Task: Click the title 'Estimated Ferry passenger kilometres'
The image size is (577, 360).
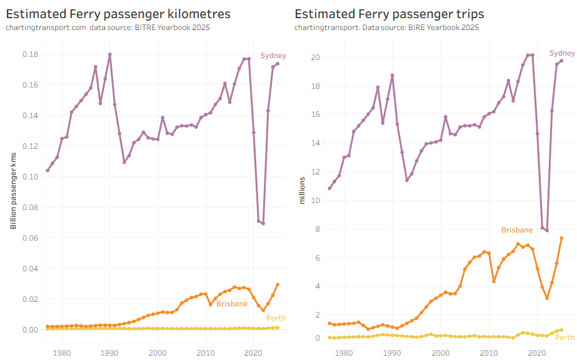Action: point(118,14)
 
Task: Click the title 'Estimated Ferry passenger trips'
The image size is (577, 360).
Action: point(389,14)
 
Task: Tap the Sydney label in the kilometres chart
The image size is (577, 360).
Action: point(273,56)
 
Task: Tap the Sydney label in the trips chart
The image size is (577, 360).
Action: point(561,54)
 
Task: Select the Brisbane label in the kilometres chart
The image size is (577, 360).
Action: point(232,304)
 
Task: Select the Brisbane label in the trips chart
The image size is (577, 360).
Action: point(517,230)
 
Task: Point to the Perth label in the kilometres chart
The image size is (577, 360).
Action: point(276,318)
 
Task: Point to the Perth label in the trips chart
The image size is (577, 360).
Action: point(564,337)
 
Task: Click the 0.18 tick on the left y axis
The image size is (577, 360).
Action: point(29,54)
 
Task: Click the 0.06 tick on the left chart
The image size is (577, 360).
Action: point(29,238)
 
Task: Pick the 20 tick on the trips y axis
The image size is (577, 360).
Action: point(316,57)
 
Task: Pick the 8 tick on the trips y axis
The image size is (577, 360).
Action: point(318,229)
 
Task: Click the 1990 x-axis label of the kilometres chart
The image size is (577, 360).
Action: point(109,353)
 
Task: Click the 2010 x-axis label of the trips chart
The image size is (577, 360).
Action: point(489,353)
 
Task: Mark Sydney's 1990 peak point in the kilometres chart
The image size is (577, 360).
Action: point(110,54)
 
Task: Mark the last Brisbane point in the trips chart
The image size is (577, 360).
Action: point(561,238)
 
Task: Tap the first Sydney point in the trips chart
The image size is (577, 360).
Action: point(330,188)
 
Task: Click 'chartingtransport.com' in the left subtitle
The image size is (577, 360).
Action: point(46,27)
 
